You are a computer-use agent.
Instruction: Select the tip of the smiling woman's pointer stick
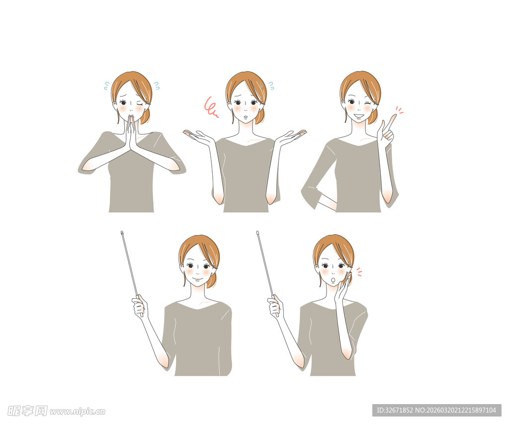[x=122, y=233]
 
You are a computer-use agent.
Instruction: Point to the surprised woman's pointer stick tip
[x=257, y=233]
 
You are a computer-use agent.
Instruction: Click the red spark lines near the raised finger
[x=399, y=110]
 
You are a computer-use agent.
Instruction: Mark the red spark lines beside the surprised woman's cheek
[x=358, y=272]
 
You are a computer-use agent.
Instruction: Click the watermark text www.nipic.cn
[x=78, y=411]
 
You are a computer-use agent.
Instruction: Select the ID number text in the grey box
[x=436, y=410]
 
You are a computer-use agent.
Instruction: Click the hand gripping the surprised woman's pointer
[x=274, y=306]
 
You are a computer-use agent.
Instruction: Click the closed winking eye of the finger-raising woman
[x=368, y=103]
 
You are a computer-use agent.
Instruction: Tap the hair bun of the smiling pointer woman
[x=212, y=280]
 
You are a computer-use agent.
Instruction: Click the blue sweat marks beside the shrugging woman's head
[x=271, y=85]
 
